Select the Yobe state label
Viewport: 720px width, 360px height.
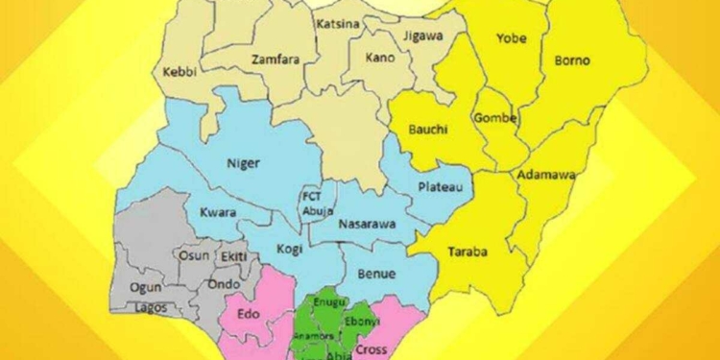click(511, 39)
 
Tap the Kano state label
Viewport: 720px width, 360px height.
click(380, 58)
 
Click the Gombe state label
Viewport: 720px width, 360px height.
click(495, 118)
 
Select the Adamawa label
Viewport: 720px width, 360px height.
click(544, 176)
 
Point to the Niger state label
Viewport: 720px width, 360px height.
click(244, 162)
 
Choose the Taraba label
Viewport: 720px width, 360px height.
click(468, 253)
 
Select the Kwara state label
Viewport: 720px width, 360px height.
click(218, 213)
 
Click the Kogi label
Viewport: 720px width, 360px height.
click(288, 249)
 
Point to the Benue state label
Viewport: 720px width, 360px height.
click(376, 274)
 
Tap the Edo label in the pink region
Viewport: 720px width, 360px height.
click(237, 312)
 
